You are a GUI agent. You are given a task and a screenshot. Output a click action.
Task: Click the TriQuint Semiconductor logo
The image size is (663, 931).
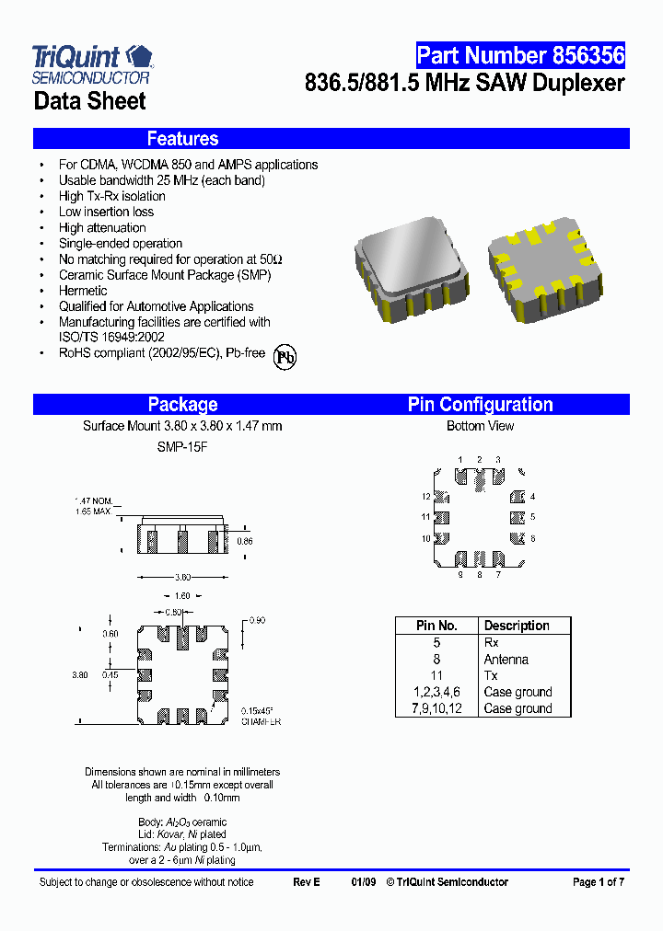92,63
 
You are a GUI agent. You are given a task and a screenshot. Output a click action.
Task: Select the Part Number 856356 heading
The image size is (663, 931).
520,55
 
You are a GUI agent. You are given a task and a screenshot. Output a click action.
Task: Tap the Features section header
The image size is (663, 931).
182,139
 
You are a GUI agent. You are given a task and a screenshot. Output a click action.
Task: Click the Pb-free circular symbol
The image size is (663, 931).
285,358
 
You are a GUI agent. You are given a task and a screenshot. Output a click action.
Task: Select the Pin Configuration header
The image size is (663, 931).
480,405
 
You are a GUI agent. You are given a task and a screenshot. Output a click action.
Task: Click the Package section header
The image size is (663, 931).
182,405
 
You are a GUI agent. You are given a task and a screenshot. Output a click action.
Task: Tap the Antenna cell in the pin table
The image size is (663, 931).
506,660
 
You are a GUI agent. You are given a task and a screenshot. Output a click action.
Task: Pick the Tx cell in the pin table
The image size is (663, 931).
491,676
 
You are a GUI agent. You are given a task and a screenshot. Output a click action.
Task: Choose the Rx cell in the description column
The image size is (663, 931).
491,643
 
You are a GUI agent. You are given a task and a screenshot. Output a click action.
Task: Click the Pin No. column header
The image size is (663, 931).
436,626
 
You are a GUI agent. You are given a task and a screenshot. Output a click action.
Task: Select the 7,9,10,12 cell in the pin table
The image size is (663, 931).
436,708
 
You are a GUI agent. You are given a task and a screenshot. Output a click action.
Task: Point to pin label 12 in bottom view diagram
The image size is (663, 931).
426,497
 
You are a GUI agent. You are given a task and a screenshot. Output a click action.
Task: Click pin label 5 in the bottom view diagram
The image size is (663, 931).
532,517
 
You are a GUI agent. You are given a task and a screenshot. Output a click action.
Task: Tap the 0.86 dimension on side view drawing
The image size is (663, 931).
244,542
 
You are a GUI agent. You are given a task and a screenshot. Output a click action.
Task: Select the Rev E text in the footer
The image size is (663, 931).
307,882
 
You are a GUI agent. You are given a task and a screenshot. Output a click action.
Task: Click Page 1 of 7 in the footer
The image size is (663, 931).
599,882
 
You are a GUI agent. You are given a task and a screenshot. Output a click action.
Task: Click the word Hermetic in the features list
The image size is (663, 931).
83,291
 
